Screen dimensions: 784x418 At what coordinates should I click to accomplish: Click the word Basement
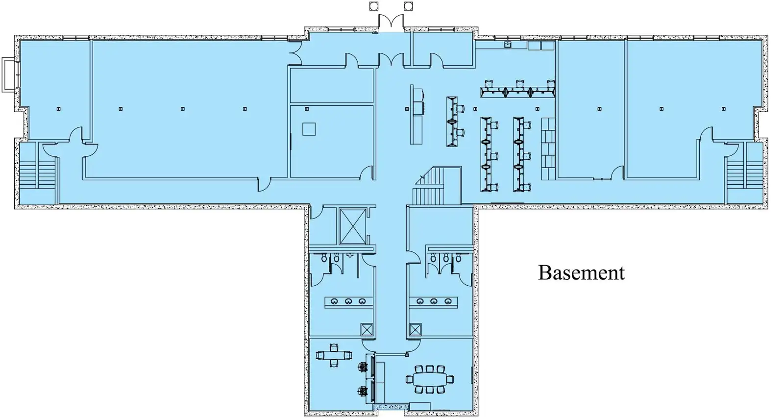coord(581,273)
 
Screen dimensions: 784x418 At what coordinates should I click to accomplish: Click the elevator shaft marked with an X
coord(352,226)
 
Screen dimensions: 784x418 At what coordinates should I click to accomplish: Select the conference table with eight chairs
coord(429,379)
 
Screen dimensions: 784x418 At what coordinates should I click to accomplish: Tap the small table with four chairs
coord(334,355)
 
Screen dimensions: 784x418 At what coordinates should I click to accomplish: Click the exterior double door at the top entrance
coord(391,22)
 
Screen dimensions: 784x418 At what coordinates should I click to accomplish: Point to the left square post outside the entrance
coord(374,6)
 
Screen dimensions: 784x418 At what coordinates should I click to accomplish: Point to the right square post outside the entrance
coord(408,6)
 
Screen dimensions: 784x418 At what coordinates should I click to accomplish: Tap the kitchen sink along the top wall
coord(508,45)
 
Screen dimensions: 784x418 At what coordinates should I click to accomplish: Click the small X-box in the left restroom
coord(367,329)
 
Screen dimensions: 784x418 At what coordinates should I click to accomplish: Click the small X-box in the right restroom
coord(415,329)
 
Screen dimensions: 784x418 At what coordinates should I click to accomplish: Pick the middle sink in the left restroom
coord(348,301)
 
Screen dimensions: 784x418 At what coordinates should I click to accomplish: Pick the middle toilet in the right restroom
coord(445,257)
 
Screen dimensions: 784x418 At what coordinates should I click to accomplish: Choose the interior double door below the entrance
coord(391,60)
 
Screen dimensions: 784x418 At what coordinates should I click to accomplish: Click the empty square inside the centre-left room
coord(309,129)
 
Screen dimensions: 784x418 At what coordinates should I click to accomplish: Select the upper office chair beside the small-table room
coord(363,367)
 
